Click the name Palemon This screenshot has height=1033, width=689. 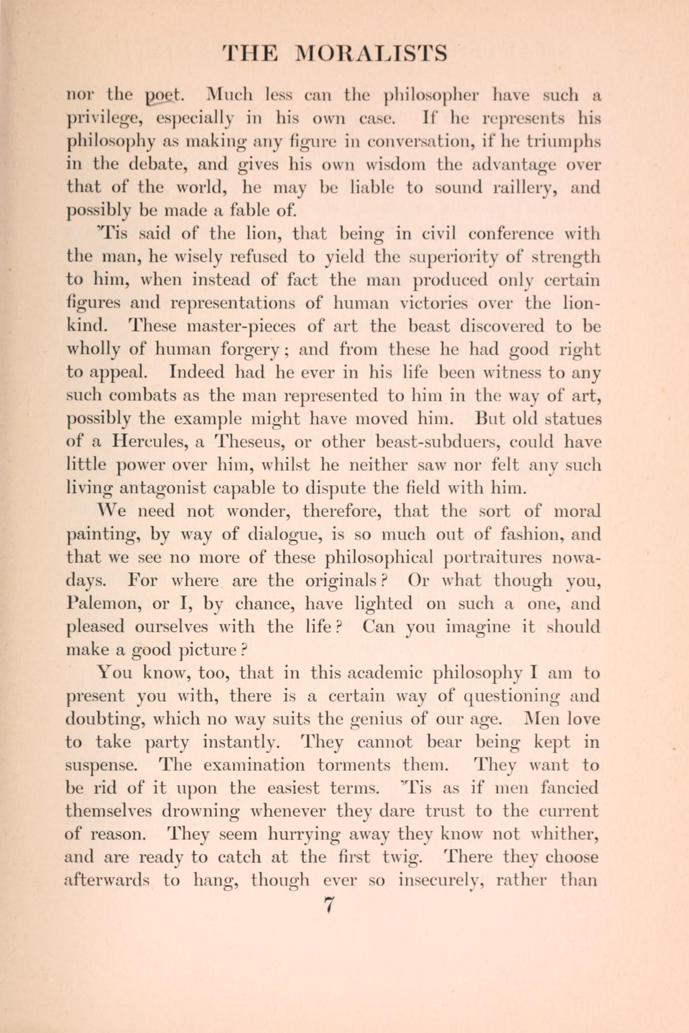pyautogui.click(x=104, y=604)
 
